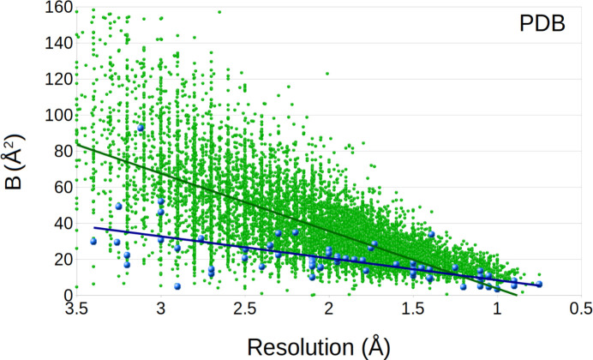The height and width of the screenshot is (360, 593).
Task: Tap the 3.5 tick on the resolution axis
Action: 76,309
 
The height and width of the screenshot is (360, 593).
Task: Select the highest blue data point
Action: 141,128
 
